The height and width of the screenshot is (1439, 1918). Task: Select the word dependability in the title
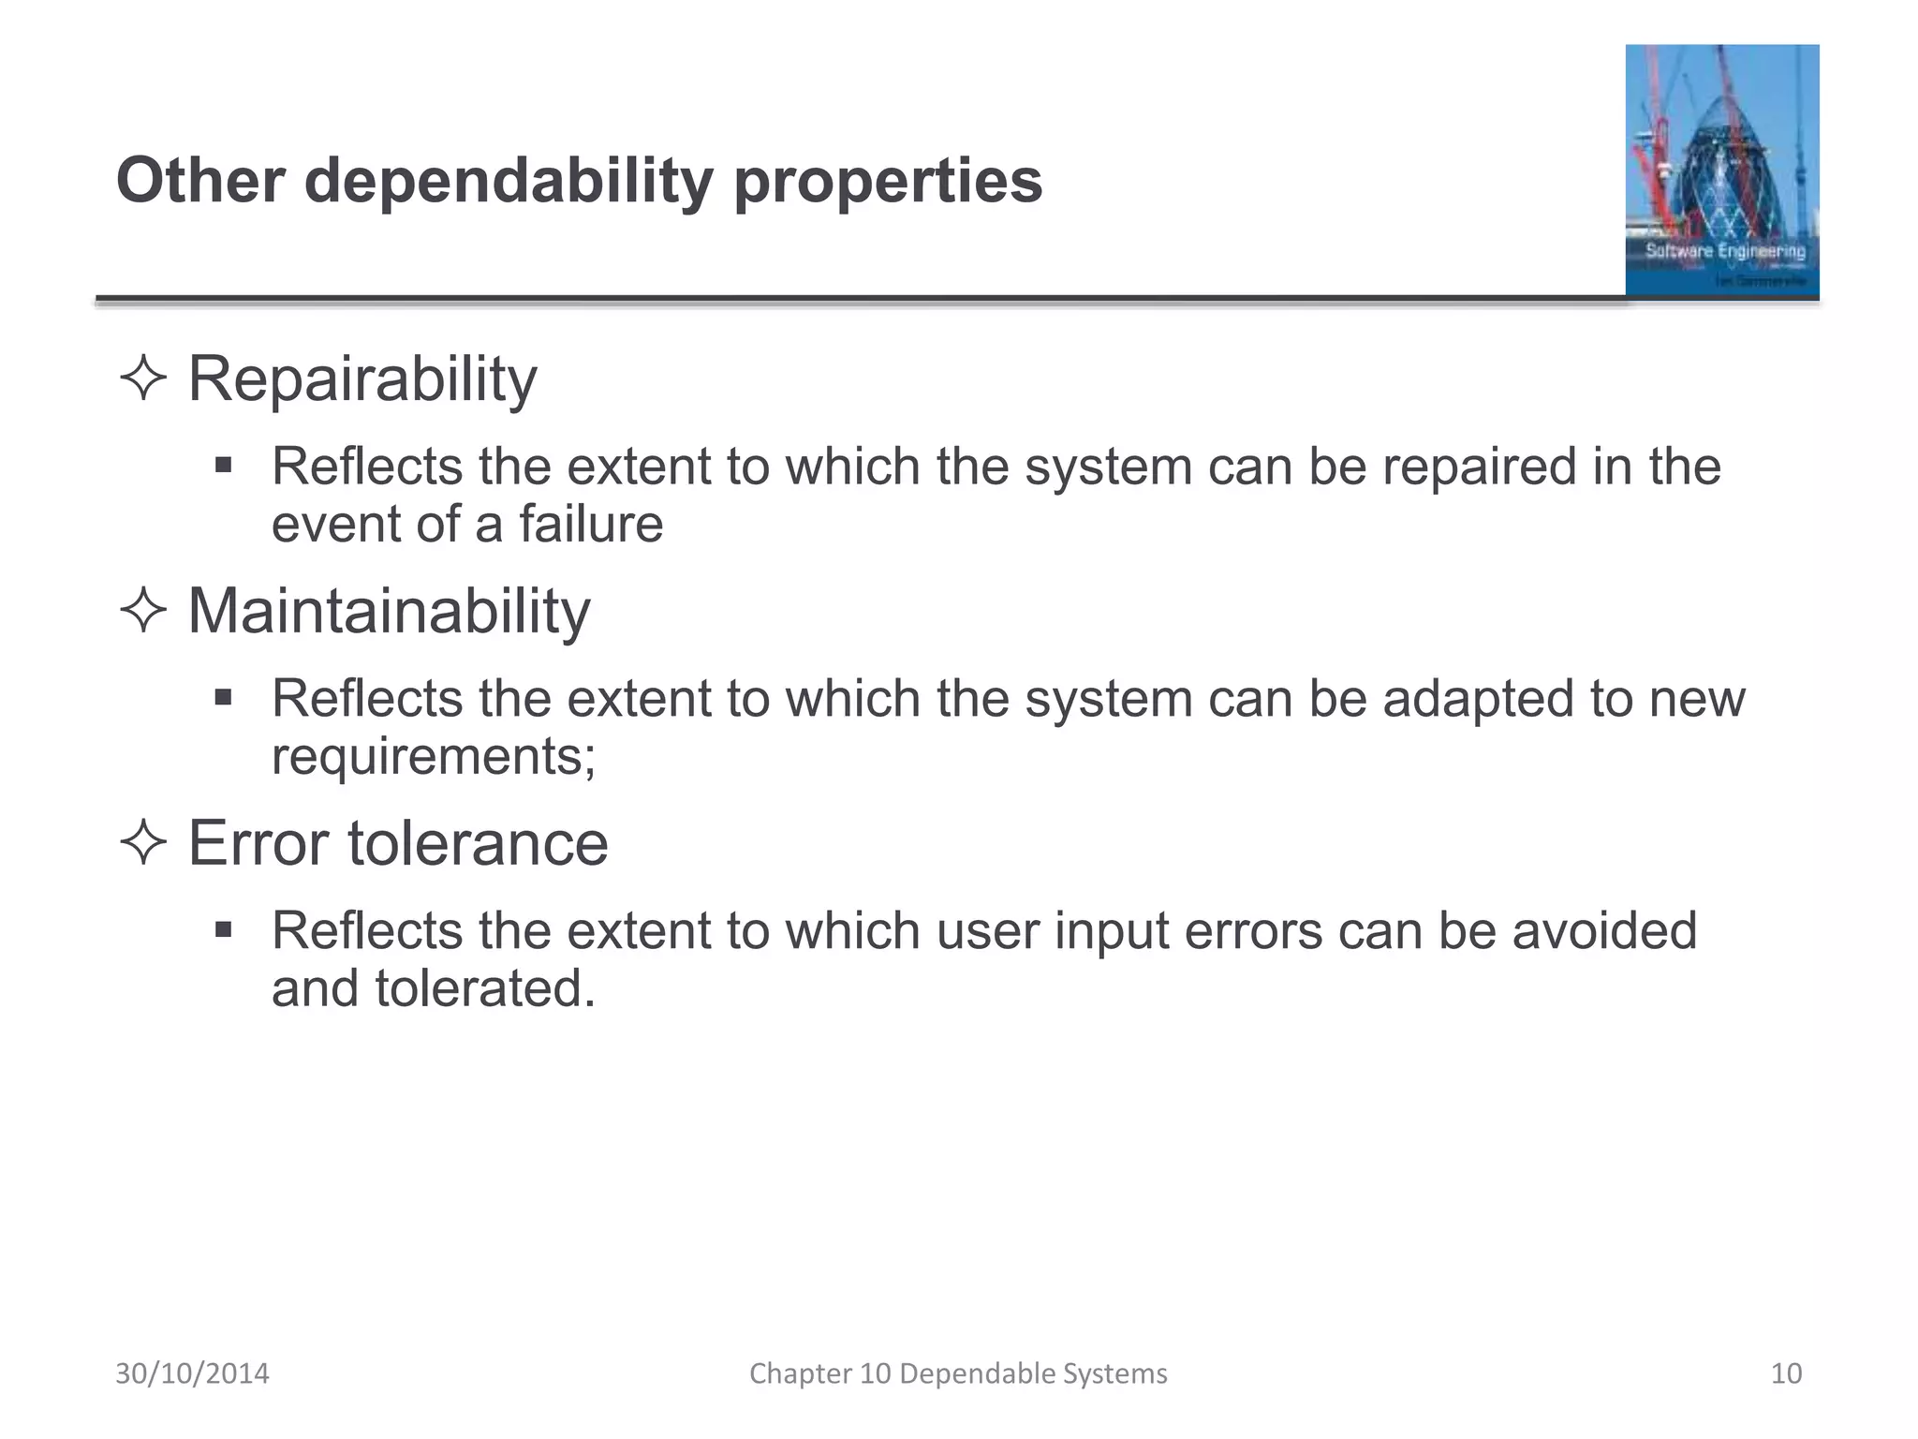click(509, 182)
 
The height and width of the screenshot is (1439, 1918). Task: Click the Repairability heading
click(362, 380)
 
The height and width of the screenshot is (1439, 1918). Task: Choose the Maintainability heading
click(389, 612)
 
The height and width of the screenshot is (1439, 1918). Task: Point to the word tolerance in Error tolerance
click(478, 843)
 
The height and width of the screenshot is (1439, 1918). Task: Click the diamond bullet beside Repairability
click(143, 380)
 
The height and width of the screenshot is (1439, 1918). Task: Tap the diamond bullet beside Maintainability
click(143, 612)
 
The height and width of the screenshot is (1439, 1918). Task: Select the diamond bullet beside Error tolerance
click(143, 843)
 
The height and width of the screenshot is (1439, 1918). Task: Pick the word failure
click(591, 524)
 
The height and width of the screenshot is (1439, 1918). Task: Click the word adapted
click(1475, 699)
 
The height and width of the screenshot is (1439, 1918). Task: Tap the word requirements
click(427, 757)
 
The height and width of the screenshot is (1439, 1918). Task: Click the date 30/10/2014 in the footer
click(192, 1373)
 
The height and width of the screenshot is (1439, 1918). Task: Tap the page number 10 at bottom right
click(1786, 1373)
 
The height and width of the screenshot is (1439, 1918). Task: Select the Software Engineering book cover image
click(1721, 171)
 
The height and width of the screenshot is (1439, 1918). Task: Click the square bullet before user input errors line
click(223, 930)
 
